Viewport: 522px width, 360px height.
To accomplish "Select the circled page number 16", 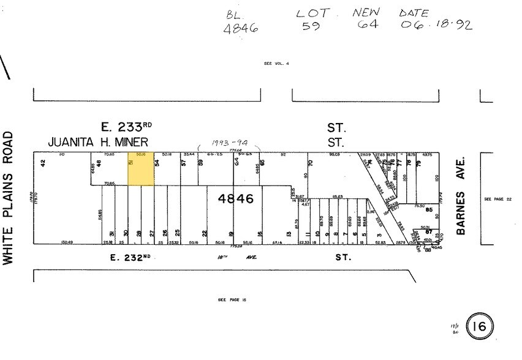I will point(479,328).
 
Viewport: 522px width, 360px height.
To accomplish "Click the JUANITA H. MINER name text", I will point(98,142).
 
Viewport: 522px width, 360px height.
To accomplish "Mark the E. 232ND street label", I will point(130,257).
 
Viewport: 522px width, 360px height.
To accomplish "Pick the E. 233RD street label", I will point(126,127).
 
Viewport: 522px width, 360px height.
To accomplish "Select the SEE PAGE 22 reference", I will point(496,199).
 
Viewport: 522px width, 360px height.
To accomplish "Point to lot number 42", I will point(43,163).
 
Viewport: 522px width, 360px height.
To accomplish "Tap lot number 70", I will point(311,163).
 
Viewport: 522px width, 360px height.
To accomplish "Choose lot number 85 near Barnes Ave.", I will point(429,211).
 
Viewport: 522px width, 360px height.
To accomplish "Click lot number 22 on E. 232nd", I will point(205,233).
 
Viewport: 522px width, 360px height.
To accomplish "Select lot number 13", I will point(288,233).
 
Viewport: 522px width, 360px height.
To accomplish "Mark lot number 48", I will point(99,163).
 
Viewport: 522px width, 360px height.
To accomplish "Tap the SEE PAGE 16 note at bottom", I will point(232,300).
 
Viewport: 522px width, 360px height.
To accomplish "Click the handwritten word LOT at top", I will point(312,13).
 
